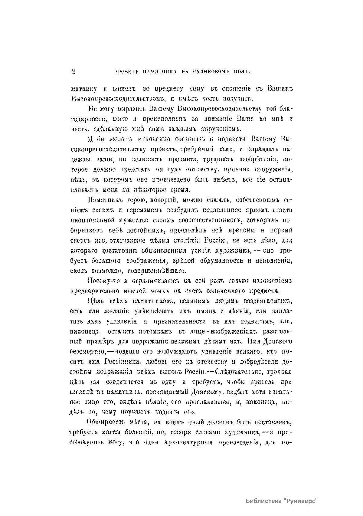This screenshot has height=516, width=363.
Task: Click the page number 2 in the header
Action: (x=73, y=72)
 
